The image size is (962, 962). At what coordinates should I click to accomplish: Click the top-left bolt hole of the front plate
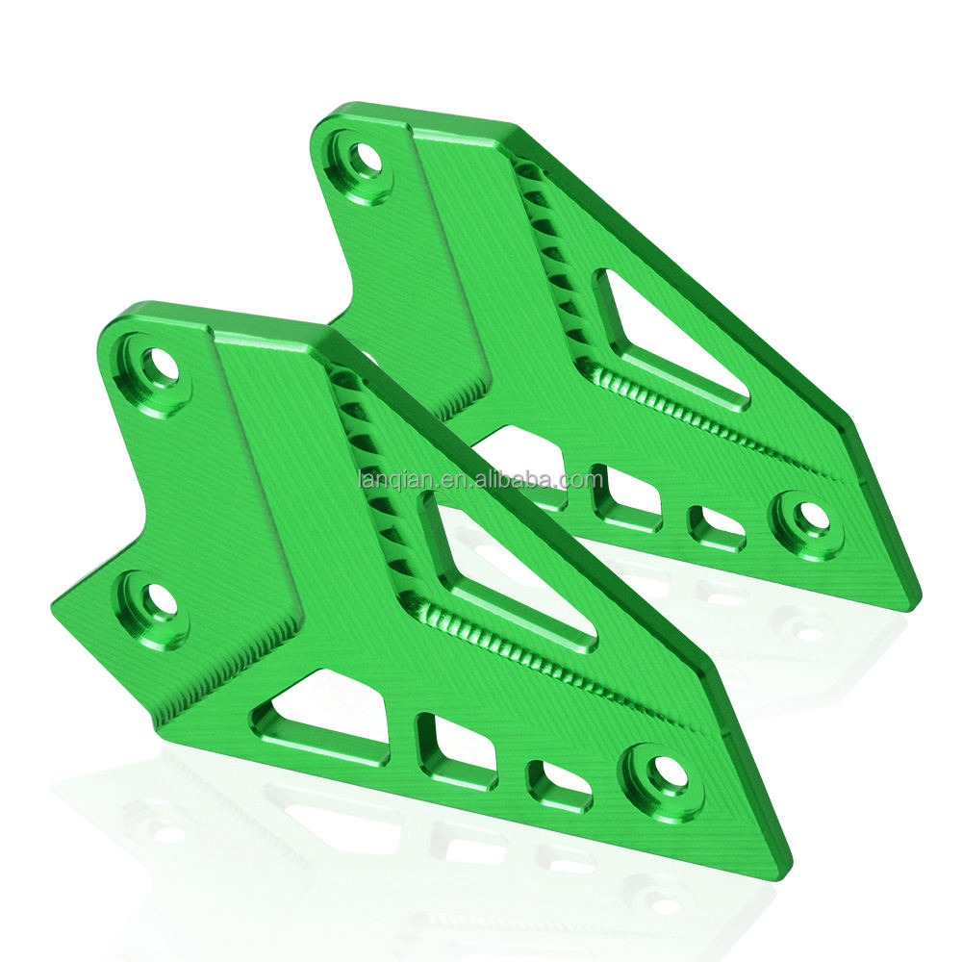[160, 367]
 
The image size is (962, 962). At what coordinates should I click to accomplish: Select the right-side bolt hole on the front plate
[664, 772]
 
